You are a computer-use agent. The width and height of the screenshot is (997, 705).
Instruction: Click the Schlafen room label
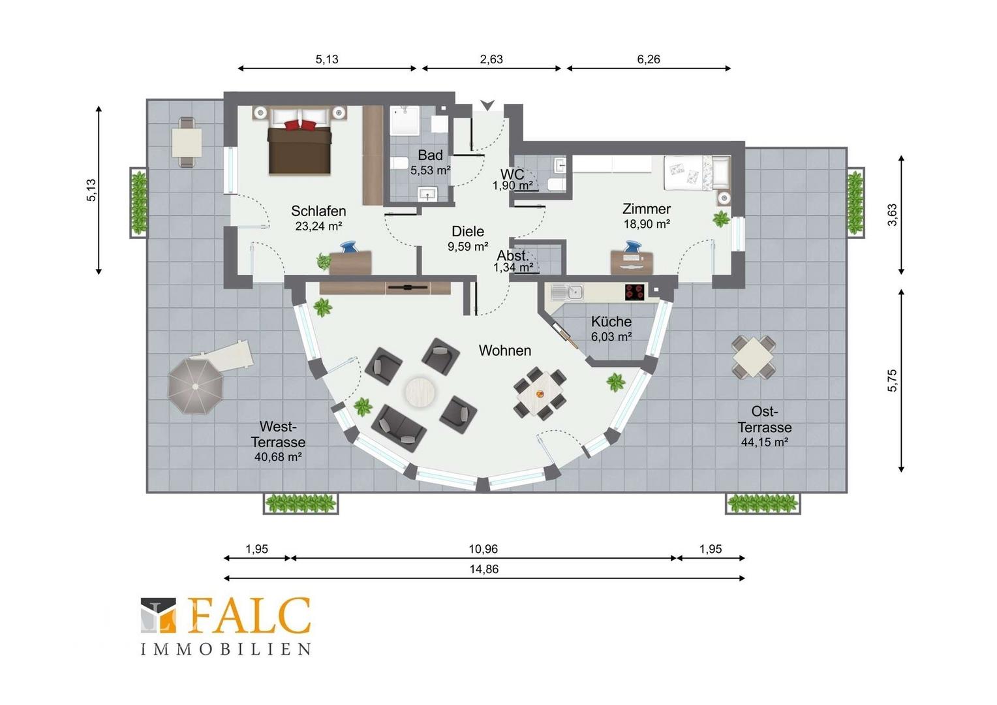[318, 211]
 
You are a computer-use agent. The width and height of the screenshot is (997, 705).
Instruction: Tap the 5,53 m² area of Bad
[431, 170]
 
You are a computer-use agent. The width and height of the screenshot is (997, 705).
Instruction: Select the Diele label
[468, 231]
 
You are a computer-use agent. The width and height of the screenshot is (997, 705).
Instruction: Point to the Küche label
[611, 321]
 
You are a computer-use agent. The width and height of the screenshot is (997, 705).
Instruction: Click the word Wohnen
[505, 351]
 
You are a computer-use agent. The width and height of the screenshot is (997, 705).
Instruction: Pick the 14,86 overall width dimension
[483, 569]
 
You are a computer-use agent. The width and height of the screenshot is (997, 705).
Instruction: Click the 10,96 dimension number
[483, 549]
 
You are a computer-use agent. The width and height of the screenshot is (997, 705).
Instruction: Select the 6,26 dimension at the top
[649, 59]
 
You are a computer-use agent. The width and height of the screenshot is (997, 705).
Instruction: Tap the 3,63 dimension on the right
[893, 215]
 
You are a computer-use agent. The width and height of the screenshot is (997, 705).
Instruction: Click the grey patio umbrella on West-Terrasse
[195, 386]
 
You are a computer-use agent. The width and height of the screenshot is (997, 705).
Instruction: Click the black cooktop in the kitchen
[635, 292]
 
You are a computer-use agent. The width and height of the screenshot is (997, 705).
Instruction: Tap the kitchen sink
[568, 292]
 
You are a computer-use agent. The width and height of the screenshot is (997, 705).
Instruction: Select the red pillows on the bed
[300, 125]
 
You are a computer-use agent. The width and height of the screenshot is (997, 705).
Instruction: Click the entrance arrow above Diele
[487, 105]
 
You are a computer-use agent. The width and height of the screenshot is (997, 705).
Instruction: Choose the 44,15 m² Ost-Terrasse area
[765, 442]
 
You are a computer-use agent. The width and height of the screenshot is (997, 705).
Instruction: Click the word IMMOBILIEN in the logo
[226, 649]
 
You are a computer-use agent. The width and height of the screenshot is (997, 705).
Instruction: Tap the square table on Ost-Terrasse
[754, 357]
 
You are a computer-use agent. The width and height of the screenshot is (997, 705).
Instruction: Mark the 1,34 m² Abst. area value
[514, 267]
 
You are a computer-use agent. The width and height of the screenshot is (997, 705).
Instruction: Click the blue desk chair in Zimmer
[632, 246]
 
